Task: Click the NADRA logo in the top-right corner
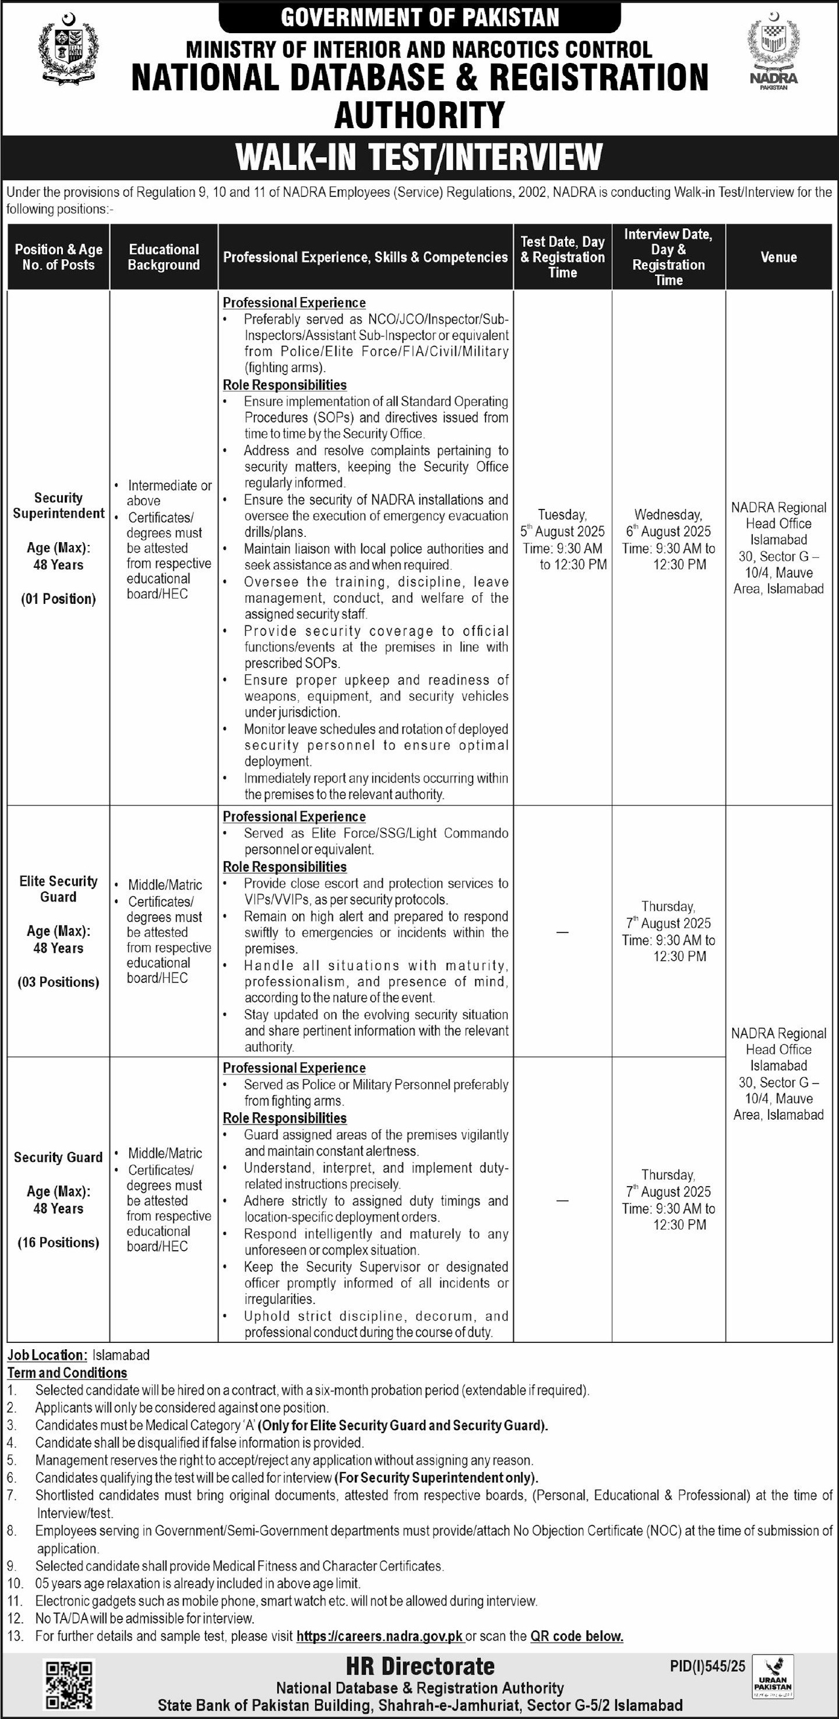pyautogui.click(x=773, y=52)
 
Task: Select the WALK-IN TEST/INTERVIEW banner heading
pyautogui.click(x=419, y=157)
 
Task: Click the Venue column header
pyautogui.click(x=778, y=257)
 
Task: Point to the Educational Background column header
pyautogui.click(x=164, y=257)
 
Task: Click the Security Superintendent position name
pyautogui.click(x=59, y=505)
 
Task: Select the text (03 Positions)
pyautogui.click(x=59, y=982)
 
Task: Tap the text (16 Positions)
pyautogui.click(x=59, y=1242)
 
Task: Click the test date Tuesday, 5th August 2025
pyautogui.click(x=563, y=523)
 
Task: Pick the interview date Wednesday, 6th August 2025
pyautogui.click(x=668, y=523)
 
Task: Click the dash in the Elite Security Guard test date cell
pyautogui.click(x=563, y=932)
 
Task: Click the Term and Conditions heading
pyautogui.click(x=68, y=1373)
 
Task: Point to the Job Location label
pyautogui.click(x=47, y=1354)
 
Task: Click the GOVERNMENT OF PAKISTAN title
pyautogui.click(x=420, y=17)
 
